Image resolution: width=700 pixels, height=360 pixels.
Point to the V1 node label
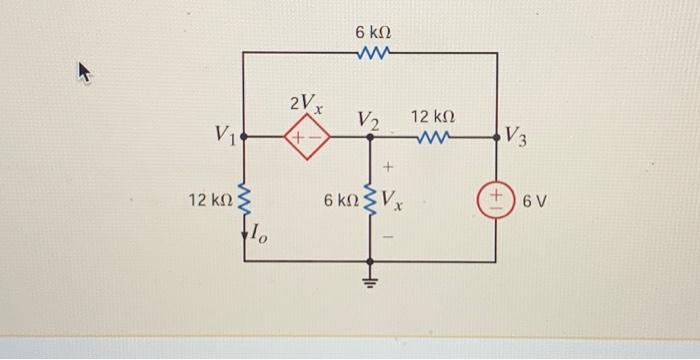(x=225, y=133)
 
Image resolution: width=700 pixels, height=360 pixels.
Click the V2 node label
(x=368, y=120)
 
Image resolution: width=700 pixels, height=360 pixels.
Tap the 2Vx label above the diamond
(x=304, y=103)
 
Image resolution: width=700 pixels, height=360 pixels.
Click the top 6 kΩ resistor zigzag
(x=372, y=53)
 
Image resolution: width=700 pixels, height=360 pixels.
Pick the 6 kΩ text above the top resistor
(x=372, y=32)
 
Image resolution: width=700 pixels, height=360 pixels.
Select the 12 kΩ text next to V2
(x=434, y=116)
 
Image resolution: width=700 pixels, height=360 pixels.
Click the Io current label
(x=257, y=235)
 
